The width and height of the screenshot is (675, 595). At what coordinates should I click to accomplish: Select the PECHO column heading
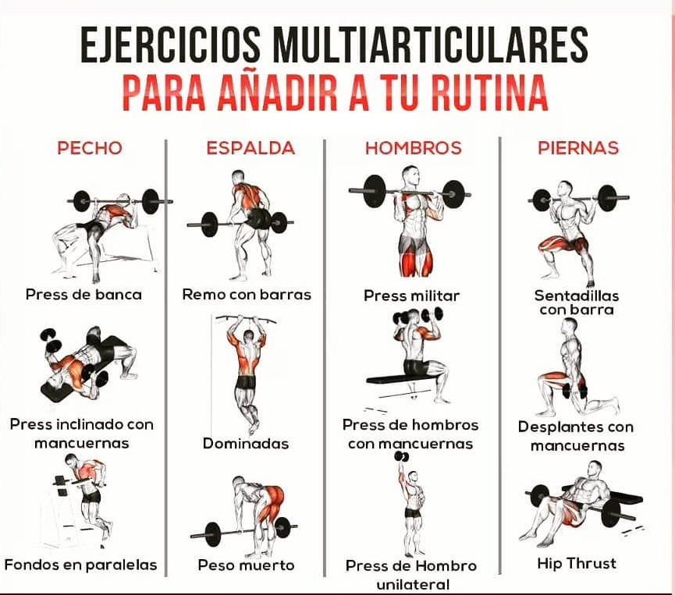pos(90,148)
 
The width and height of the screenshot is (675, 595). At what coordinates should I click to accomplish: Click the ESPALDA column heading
pos(250,148)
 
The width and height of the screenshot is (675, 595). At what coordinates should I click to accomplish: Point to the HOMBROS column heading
pos(414,148)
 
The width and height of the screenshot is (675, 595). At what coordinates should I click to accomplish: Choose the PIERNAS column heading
pos(578,148)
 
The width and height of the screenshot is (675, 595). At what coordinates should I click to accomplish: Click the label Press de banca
pos(83,295)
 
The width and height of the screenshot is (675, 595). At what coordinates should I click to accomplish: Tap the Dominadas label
pos(246,444)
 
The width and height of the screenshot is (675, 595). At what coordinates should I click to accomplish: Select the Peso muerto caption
pos(247,565)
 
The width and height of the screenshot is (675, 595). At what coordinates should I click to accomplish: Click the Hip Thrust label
pos(577,564)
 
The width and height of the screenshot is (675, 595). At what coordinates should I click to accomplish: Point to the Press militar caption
pos(411,296)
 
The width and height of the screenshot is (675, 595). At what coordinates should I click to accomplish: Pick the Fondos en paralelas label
pos(80,565)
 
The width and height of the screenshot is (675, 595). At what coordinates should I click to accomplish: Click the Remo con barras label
pos(247,295)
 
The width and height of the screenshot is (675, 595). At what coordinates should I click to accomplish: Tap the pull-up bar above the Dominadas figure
pos(246,319)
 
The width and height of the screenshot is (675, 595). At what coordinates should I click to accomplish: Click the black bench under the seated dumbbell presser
pos(401,380)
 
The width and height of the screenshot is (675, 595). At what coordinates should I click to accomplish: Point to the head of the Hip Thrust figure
pos(595,469)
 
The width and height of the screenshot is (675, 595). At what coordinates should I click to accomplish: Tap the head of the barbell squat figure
pos(565,189)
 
